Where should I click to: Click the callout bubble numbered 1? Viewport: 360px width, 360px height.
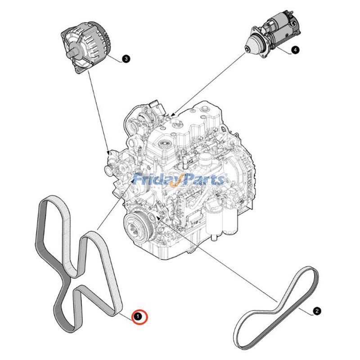(138, 317)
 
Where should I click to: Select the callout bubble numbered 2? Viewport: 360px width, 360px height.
(317, 311)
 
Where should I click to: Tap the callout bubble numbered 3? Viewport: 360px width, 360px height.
(126, 59)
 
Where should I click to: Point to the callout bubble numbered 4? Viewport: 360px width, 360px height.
(295, 49)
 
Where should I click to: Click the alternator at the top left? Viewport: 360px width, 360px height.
(86, 47)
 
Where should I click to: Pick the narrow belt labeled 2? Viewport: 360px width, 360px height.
(276, 308)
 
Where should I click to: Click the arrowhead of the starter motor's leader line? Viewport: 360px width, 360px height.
(173, 114)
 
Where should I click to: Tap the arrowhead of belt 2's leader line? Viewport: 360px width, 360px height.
(158, 217)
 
